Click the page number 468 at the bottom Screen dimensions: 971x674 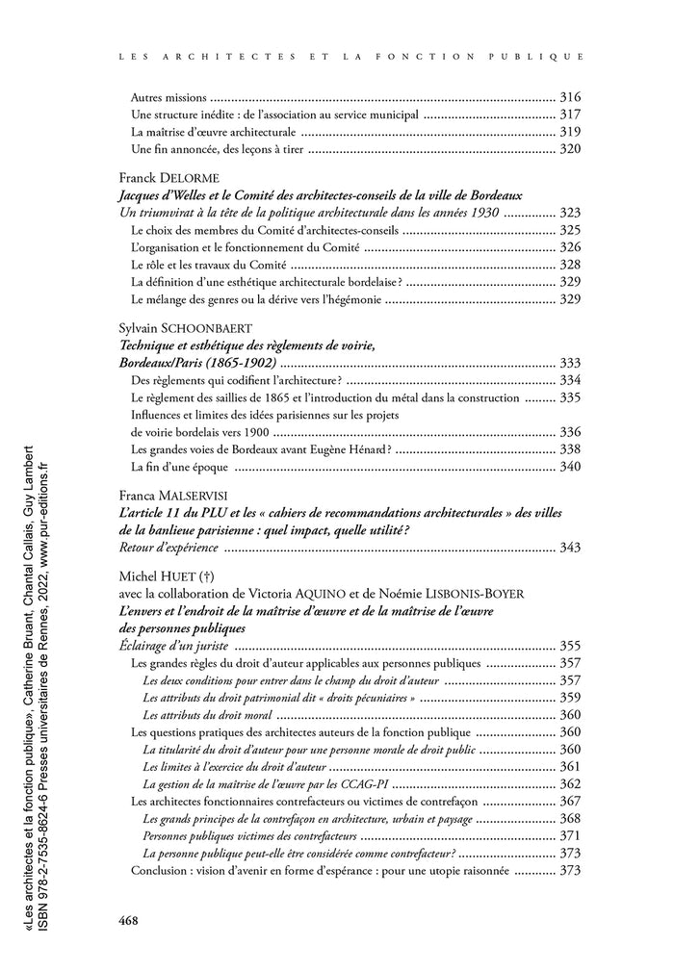(x=129, y=919)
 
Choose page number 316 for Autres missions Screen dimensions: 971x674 (x=570, y=97)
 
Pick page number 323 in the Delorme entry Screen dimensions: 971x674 (x=570, y=213)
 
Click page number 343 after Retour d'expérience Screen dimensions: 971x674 (x=570, y=548)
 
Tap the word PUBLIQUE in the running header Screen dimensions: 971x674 (x=544, y=57)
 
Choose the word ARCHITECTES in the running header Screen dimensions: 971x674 (x=193, y=57)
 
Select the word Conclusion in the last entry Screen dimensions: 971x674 (x=160, y=870)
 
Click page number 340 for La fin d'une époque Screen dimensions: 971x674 (x=570, y=467)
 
